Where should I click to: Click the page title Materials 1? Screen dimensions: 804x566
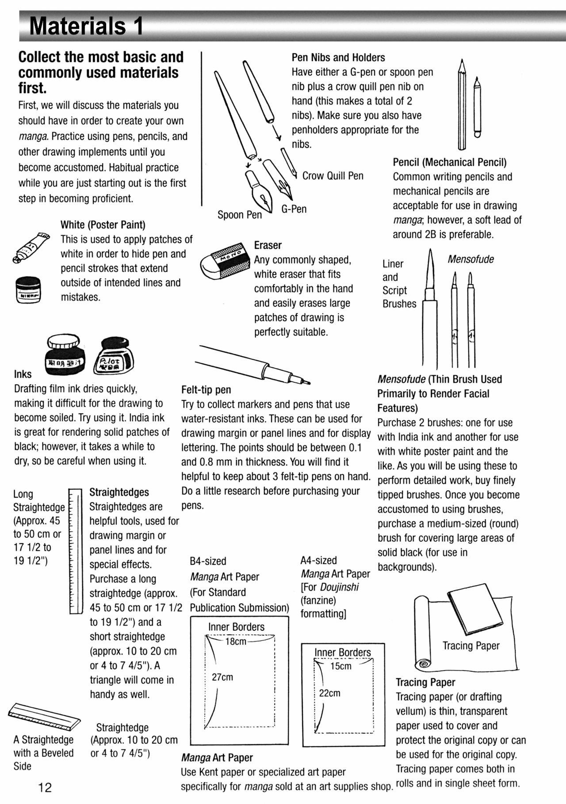pos(86,26)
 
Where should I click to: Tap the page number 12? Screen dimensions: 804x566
pos(45,787)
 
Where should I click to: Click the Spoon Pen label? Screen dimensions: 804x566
pos(239,215)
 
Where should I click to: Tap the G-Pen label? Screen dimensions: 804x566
pos(294,209)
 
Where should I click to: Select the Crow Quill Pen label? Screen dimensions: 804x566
pos(333,176)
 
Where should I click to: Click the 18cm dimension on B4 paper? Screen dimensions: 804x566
pos(236,641)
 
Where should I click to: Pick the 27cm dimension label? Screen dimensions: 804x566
pos(222,677)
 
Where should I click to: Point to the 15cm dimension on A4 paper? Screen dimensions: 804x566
pos(340,666)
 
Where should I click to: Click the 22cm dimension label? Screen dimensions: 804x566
pos(329,693)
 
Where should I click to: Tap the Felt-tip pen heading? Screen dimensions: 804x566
pos(206,390)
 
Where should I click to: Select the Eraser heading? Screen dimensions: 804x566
pos(268,245)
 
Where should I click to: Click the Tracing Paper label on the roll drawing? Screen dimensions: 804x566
pos(470,646)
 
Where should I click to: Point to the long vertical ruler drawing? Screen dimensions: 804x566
pos(76,551)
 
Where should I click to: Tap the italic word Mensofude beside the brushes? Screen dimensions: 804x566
pos(470,259)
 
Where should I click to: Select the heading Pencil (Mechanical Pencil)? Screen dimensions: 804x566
pos(449,162)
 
